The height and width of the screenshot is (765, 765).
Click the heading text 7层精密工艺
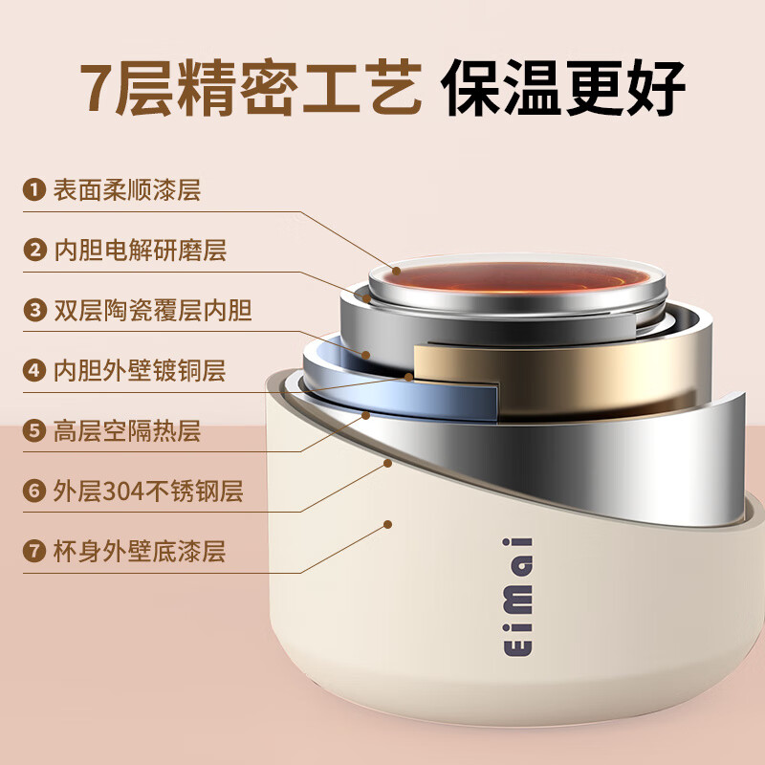click(251, 88)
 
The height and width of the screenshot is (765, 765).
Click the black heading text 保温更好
click(564, 88)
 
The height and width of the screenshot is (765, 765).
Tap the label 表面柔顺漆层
click(126, 190)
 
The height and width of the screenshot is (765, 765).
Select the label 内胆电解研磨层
click(139, 251)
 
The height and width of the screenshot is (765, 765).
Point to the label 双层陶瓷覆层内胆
click(152, 311)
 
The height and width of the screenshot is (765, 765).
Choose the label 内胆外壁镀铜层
click(139, 371)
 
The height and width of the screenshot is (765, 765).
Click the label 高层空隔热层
click(126, 431)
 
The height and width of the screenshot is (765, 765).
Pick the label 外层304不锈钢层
click(147, 492)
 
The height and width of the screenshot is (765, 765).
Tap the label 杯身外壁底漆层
click(139, 552)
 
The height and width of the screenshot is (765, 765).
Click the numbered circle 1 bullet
click(35, 190)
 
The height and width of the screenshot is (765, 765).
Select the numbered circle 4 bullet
click(35, 371)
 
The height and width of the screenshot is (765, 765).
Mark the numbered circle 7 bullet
click(35, 552)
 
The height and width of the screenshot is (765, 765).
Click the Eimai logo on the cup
click(524, 597)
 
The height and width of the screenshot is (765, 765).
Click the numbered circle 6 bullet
click(35, 492)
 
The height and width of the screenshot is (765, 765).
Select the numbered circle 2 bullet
click(35, 251)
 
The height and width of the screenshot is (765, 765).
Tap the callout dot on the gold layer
click(409, 377)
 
